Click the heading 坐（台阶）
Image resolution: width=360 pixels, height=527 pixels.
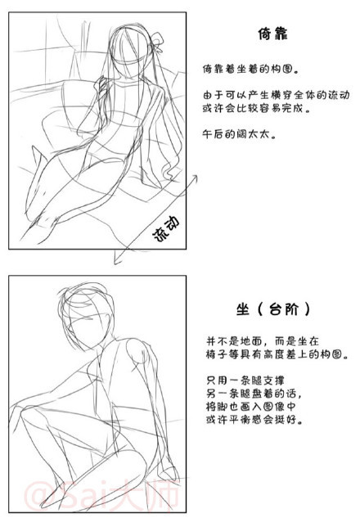point(271,310)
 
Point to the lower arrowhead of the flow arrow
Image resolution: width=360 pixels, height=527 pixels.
point(116,261)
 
